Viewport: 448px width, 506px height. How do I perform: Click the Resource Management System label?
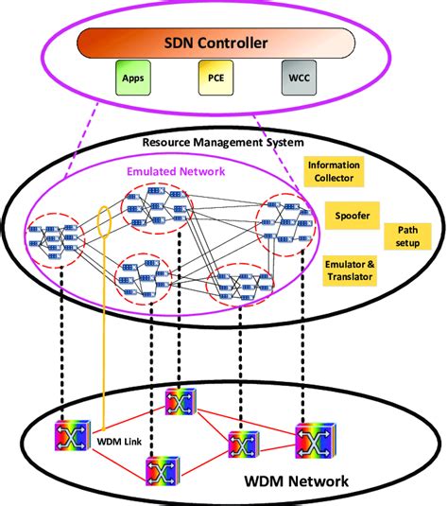[x=223, y=143]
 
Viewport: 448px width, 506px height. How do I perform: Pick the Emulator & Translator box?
[x=348, y=269]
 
